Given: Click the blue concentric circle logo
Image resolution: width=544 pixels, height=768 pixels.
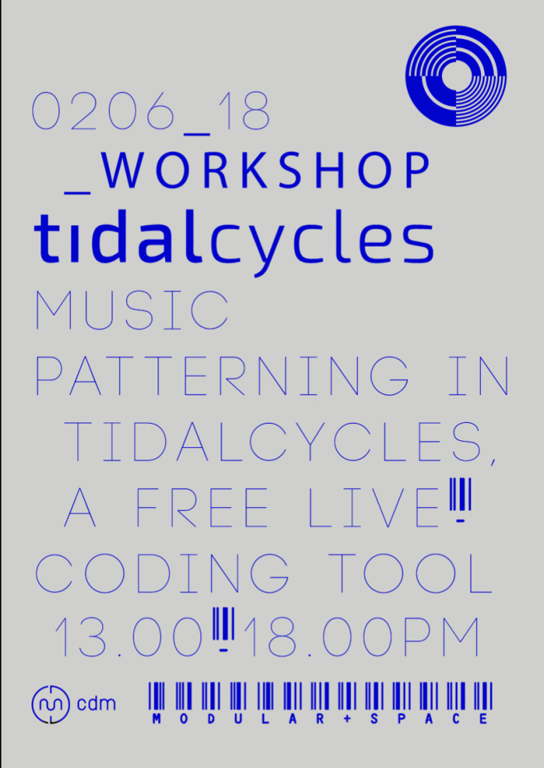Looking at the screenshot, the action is [x=455, y=76].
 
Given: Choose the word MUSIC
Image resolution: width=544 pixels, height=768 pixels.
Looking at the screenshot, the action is [x=132, y=310].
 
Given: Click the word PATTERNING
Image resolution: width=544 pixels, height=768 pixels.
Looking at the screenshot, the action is [x=223, y=376].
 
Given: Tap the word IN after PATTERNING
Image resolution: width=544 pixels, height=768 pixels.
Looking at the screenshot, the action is [x=479, y=376].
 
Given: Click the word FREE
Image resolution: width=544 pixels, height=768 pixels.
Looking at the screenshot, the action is [x=202, y=507].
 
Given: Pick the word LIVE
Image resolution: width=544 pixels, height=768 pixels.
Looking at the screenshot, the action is [x=374, y=507].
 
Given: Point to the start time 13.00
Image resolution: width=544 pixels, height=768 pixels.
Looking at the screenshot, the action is [x=128, y=637].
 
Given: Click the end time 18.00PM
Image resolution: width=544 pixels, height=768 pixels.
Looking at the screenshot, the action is [x=362, y=637].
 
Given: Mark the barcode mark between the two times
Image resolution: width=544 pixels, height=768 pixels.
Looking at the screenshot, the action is [x=224, y=630].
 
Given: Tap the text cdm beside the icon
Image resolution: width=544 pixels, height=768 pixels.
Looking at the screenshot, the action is [x=96, y=703].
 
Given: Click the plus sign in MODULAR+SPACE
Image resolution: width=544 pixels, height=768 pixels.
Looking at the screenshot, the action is [x=347, y=719].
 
